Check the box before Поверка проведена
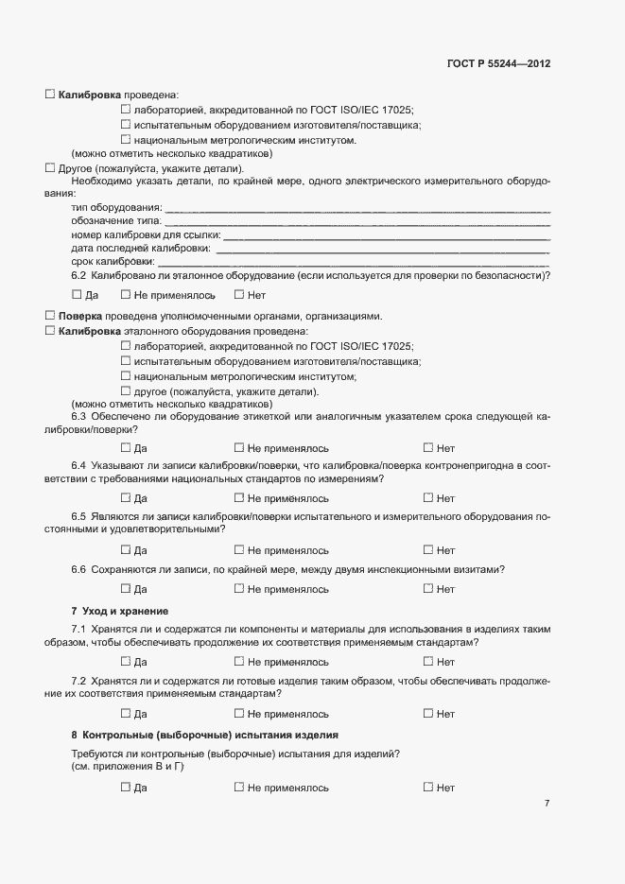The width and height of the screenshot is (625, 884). (x=50, y=315)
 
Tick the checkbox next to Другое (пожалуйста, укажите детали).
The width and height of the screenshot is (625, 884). (x=50, y=167)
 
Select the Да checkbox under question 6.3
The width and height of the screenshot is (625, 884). (x=126, y=447)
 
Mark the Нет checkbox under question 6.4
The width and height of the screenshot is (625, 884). (x=427, y=497)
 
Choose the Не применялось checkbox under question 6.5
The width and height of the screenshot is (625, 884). (x=239, y=549)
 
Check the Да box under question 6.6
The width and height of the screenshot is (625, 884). (x=126, y=588)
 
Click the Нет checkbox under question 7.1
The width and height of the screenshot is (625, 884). (x=427, y=661)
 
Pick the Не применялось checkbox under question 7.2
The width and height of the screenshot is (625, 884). (x=239, y=713)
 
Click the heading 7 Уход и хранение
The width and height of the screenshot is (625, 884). (x=120, y=611)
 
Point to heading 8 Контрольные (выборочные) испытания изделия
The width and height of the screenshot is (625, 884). (x=204, y=735)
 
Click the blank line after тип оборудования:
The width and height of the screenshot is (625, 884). (x=357, y=207)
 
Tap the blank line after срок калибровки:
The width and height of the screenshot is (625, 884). (x=354, y=261)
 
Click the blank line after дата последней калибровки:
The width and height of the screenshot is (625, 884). (x=382, y=248)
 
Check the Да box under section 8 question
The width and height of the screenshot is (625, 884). (x=126, y=787)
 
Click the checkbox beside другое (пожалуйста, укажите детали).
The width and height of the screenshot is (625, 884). (x=126, y=391)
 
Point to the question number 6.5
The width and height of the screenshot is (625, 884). (x=78, y=516)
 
